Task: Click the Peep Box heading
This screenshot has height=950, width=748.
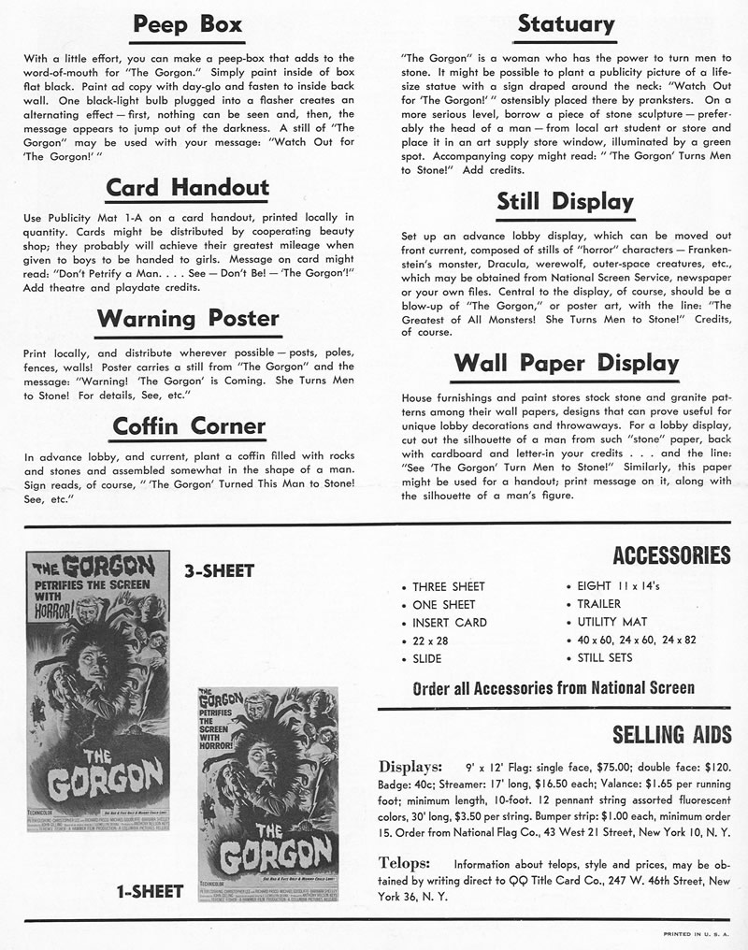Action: [187, 25]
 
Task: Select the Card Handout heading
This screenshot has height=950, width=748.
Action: [187, 188]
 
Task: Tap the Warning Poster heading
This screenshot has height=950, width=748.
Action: [187, 320]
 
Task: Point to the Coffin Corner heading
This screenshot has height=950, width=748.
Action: [189, 426]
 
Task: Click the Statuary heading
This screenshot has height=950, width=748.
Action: [566, 25]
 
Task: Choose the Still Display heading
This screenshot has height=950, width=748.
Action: [565, 202]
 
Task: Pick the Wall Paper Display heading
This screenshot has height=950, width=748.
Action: [566, 363]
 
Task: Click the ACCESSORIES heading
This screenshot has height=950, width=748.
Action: [671, 556]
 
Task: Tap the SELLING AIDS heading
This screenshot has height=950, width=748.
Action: [671, 734]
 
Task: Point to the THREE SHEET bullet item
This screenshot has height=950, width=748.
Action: [449, 586]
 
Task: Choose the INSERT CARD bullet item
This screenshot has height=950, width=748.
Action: [450, 622]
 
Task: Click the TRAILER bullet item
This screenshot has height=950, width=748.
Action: [598, 604]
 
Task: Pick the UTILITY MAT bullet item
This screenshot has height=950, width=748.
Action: [611, 622]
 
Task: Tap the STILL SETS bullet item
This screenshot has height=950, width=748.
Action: [605, 658]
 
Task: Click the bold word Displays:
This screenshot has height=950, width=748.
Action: [410, 767]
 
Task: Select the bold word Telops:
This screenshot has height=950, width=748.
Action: [404, 863]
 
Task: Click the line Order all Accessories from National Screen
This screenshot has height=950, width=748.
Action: [554, 688]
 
